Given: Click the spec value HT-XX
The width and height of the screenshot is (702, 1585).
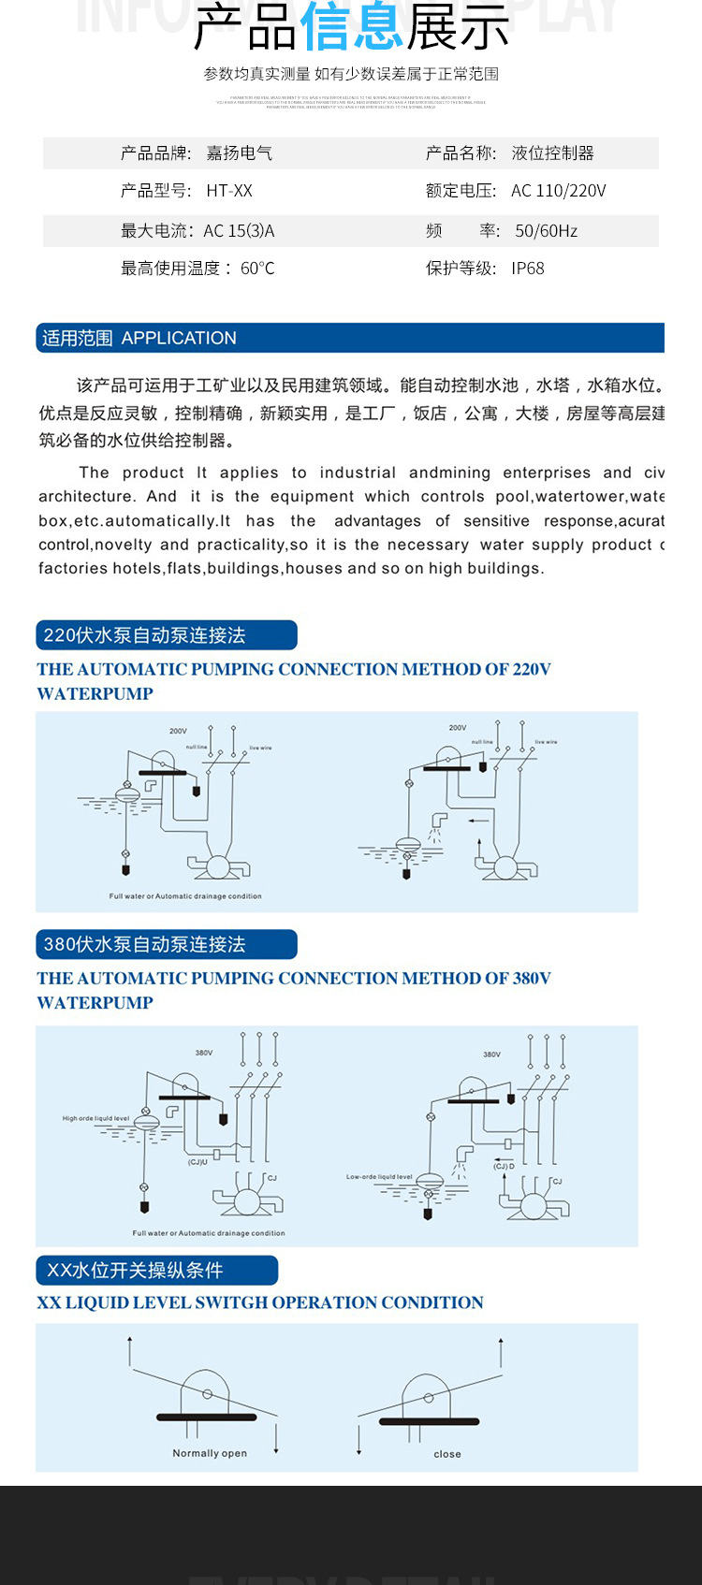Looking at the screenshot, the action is [229, 191].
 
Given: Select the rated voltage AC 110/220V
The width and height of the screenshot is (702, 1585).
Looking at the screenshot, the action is [559, 191].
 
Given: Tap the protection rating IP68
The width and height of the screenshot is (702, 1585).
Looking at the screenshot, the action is [528, 269].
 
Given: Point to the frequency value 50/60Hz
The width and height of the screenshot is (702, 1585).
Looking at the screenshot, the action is [546, 231].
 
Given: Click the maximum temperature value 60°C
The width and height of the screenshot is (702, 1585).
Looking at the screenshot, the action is [257, 269].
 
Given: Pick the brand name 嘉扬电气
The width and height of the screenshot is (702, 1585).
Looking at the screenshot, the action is [240, 153].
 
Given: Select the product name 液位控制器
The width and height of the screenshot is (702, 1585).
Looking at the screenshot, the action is [552, 153].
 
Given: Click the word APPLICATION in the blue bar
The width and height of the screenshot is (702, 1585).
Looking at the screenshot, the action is [179, 338].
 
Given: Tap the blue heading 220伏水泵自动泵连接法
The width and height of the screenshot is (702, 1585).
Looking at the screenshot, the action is [145, 635].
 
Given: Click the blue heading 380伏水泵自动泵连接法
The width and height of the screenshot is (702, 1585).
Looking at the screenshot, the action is [145, 944].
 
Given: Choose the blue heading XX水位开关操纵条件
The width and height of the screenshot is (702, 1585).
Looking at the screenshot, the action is [136, 1271].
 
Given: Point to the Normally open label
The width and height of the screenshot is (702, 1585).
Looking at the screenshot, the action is [210, 1453].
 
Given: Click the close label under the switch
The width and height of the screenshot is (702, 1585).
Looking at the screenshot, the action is [447, 1454].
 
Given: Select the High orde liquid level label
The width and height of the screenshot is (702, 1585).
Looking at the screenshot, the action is [95, 1118].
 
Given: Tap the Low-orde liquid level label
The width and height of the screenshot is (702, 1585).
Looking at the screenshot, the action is [379, 1177].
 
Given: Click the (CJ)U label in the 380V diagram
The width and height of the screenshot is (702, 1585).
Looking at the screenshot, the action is [197, 1162].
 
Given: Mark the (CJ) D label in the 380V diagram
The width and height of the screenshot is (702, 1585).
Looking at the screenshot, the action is [505, 1167].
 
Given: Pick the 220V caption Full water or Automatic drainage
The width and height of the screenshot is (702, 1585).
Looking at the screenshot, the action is [185, 896].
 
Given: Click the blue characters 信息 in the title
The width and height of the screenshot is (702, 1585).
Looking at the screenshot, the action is [352, 28].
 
